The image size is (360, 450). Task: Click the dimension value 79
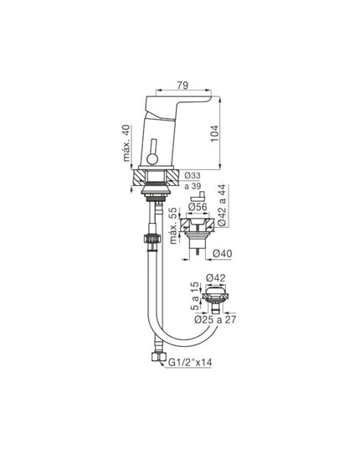182,84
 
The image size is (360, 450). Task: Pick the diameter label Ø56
197,206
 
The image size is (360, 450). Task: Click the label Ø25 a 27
215,318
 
